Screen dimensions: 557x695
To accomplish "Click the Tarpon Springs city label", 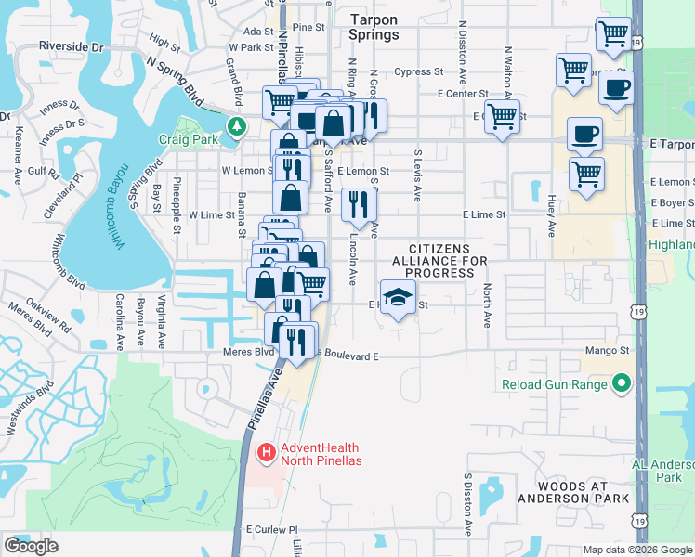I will tap(374, 27).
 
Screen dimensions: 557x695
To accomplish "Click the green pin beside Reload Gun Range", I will tap(621, 383).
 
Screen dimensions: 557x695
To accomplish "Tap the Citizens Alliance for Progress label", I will tap(446, 261).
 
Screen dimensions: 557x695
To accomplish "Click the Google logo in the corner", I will tap(31, 546).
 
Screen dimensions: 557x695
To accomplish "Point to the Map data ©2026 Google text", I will tap(637, 550).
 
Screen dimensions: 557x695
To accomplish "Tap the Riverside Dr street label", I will tap(71, 45).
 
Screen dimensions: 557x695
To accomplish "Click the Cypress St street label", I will tap(418, 71).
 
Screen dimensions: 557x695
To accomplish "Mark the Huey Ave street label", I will tap(550, 214).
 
